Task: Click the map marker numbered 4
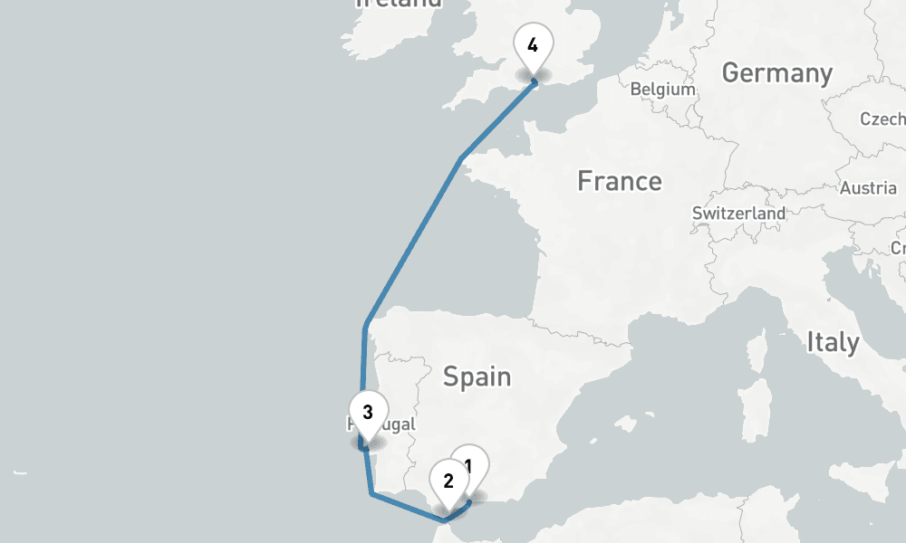click(532, 45)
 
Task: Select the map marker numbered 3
click(368, 414)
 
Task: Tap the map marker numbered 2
click(448, 481)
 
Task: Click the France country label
click(620, 181)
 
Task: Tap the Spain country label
click(477, 376)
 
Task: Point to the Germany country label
click(776, 73)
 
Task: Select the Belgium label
click(662, 90)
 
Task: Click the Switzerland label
click(738, 213)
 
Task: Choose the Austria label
click(867, 188)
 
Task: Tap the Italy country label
click(833, 342)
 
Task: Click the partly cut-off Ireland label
click(399, 4)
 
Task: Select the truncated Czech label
click(883, 119)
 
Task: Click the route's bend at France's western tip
click(461, 160)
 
